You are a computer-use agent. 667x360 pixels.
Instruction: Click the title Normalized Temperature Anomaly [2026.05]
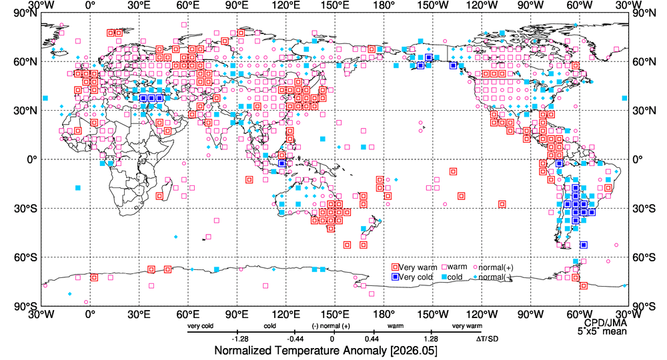tap(325, 351)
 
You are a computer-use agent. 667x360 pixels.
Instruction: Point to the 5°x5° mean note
tap(602, 331)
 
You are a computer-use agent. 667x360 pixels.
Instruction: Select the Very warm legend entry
tap(414, 267)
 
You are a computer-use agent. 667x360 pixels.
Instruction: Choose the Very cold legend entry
tap(412, 277)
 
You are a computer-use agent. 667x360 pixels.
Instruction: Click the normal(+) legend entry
tap(493, 267)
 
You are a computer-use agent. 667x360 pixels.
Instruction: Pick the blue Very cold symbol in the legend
tap(395, 277)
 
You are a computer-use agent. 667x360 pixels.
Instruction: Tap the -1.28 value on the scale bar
tap(240, 339)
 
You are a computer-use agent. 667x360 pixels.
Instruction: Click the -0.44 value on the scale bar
tap(294, 339)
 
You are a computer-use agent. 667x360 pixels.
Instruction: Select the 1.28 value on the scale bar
tap(431, 339)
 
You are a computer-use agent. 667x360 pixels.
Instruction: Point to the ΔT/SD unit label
tap(487, 339)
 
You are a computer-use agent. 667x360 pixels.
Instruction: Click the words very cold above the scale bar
tap(200, 326)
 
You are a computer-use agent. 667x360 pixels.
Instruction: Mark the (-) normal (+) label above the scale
tap(331, 326)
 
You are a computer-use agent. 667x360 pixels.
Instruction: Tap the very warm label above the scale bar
tap(467, 326)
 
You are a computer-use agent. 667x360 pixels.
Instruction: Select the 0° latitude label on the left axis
tap(31, 159)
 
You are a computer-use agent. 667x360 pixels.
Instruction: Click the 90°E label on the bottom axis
tap(237, 314)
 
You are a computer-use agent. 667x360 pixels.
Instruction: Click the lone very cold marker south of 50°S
tap(584, 245)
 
